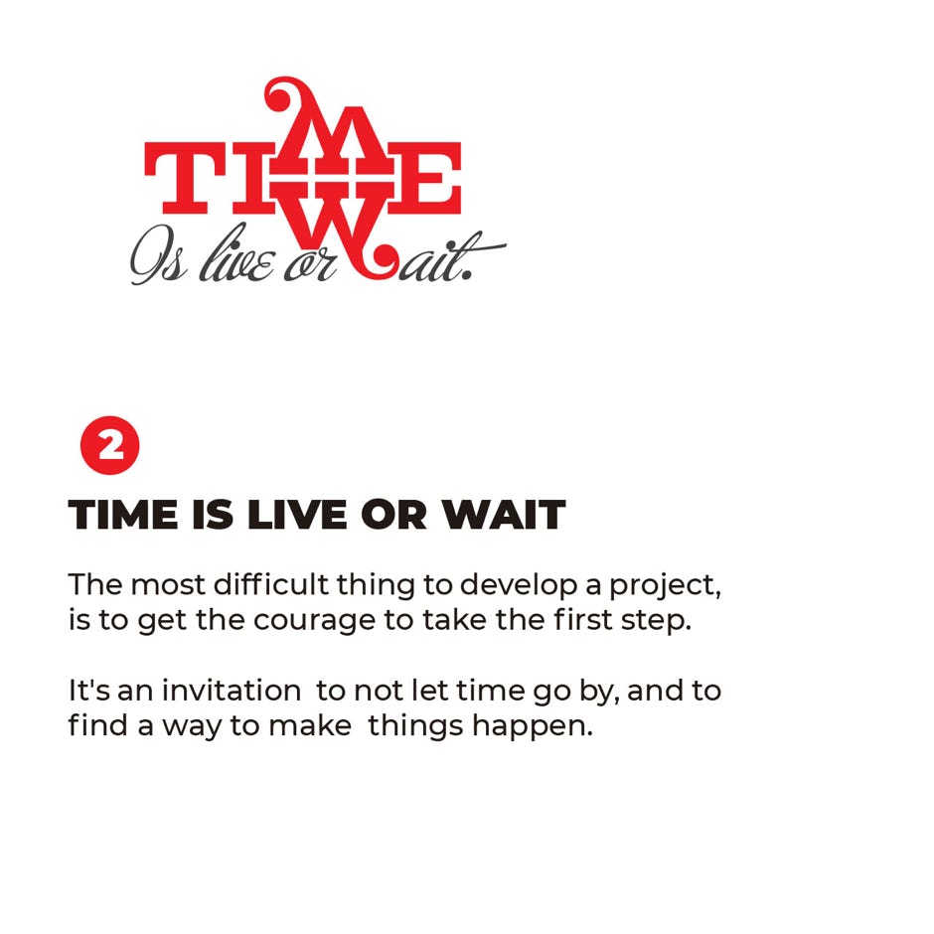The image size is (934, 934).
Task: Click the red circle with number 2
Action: point(109,445)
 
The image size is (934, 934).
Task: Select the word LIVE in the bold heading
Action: point(296,514)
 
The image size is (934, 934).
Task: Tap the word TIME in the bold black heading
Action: point(122,514)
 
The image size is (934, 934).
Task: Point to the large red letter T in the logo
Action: point(185,178)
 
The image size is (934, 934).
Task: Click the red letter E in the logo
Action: point(426,178)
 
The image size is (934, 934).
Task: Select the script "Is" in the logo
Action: point(158,255)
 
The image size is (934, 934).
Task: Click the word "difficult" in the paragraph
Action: point(270,584)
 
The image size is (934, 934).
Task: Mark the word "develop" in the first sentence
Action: point(519,586)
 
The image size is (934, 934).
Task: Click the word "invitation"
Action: point(232,690)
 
